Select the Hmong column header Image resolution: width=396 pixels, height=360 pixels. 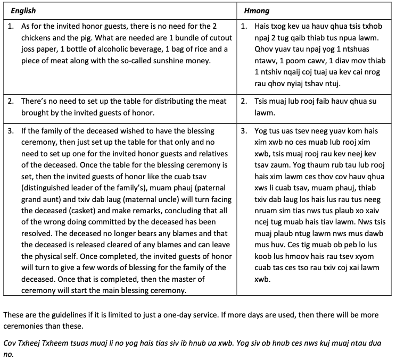(256, 11)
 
